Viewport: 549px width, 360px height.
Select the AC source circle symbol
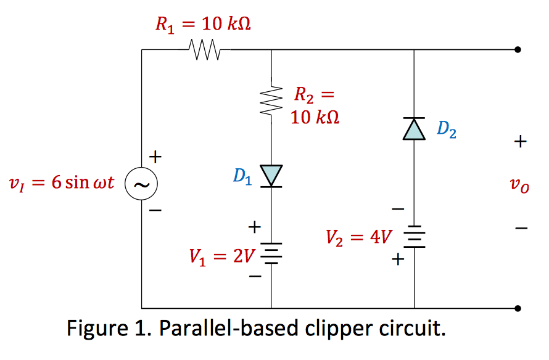(141, 184)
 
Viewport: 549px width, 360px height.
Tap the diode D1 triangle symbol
(271, 175)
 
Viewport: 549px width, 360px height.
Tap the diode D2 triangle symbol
(414, 128)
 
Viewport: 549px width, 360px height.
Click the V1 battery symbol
(271, 251)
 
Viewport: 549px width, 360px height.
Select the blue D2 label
(447, 129)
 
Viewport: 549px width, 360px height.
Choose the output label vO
(520, 185)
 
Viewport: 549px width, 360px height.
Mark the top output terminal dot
(518, 49)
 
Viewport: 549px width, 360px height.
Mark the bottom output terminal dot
(518, 308)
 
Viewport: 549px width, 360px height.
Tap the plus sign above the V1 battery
(253, 228)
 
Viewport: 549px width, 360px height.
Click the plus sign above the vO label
(520, 142)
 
